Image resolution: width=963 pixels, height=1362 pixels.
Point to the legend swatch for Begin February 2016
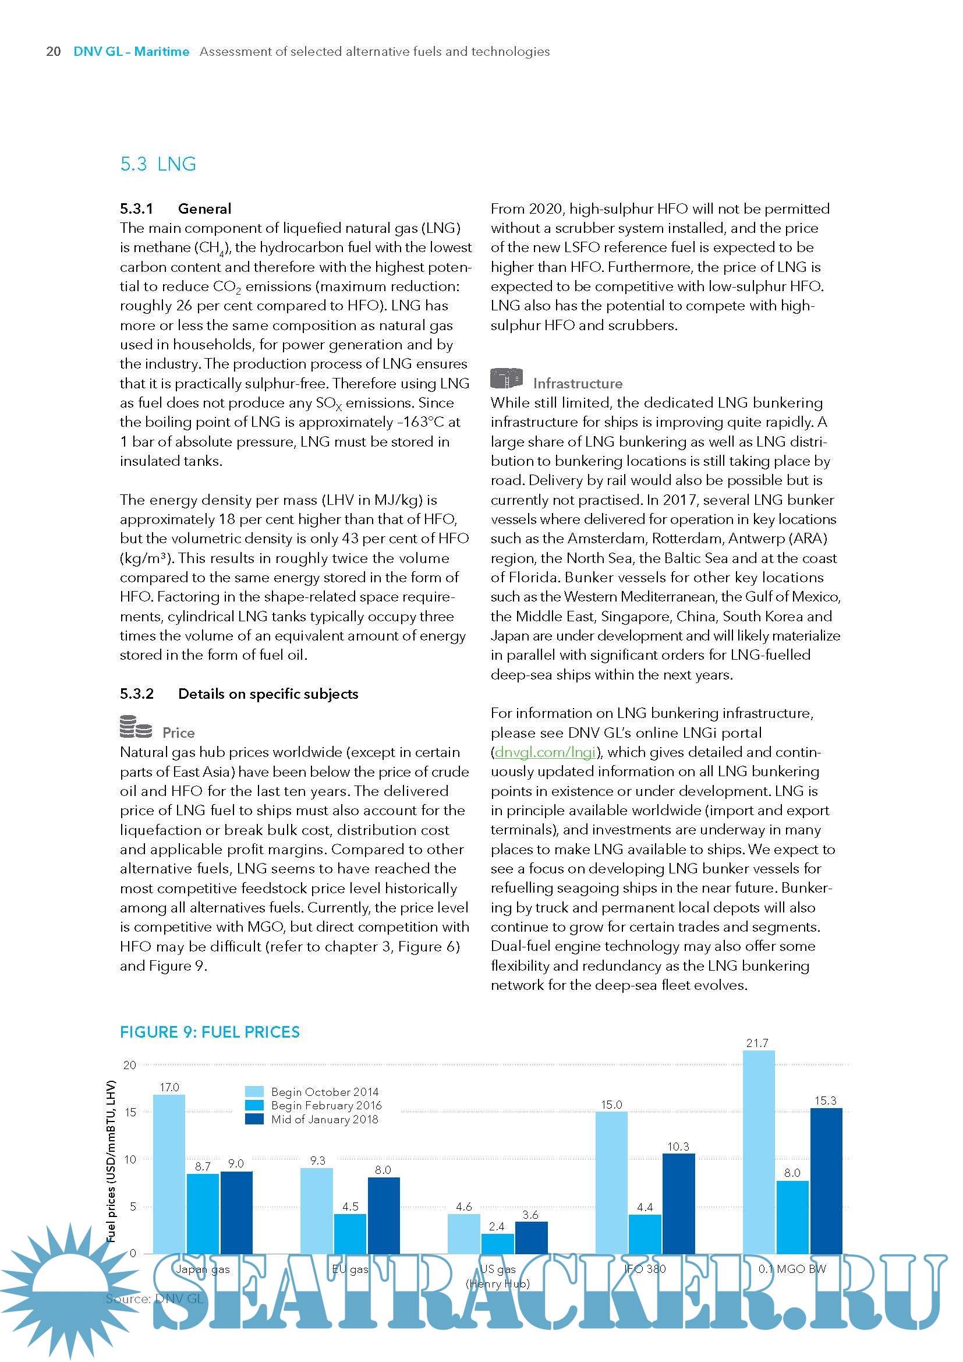coord(254,1105)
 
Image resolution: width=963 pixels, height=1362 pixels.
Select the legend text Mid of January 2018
coord(324,1119)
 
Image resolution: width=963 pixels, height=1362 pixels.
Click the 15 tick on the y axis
coord(130,1112)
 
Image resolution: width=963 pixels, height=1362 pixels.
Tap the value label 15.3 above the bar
coord(825,1101)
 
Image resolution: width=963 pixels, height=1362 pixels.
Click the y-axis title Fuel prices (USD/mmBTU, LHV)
coord(111,1161)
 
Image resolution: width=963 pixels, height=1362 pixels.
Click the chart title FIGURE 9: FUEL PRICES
coord(210,1032)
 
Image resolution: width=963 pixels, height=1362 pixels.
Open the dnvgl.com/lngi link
coord(544,752)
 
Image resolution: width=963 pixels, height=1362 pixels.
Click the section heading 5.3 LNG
coord(158,164)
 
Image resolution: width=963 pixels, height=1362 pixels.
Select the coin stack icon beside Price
coord(136,727)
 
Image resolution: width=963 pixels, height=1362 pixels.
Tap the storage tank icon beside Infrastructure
coord(506,378)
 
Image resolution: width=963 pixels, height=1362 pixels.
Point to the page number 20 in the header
coord(54,52)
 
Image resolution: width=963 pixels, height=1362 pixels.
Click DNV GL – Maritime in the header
coord(131,52)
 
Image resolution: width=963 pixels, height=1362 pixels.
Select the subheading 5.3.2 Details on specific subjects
coord(239,694)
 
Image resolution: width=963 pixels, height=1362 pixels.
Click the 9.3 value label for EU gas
coord(317,1161)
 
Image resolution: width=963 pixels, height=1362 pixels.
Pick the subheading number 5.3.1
coord(136,209)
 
